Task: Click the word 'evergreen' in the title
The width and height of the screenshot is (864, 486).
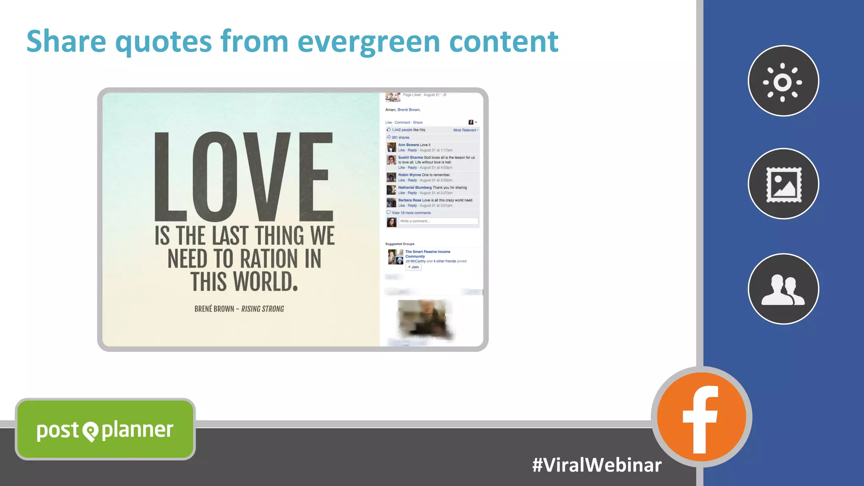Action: [x=368, y=42]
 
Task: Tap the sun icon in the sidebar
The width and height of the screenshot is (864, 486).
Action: [x=783, y=81]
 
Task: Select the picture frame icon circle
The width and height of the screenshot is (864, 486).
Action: [x=783, y=184]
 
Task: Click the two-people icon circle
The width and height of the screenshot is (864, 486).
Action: [x=783, y=289]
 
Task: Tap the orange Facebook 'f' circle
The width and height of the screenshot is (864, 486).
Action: [x=701, y=417]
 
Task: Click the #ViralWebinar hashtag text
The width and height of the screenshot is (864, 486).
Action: [x=597, y=465]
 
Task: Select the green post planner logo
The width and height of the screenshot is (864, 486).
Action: [x=105, y=430]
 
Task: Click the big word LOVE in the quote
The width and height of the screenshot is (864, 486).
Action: [x=243, y=177]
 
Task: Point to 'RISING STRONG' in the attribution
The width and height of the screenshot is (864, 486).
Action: [x=262, y=309]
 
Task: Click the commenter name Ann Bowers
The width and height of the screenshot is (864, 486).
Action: [x=408, y=145]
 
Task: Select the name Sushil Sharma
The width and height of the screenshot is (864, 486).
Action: [x=410, y=157]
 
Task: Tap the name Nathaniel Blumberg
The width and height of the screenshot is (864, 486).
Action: [x=415, y=188]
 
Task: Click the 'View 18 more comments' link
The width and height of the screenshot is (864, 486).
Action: [x=411, y=213]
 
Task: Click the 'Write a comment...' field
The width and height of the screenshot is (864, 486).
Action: [x=438, y=221]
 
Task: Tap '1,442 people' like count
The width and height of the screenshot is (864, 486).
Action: [x=402, y=130]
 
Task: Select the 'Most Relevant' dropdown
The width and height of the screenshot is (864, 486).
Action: [x=465, y=130]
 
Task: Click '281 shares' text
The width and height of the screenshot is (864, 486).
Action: [x=400, y=137]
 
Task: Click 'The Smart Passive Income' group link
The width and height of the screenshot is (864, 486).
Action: [x=427, y=252]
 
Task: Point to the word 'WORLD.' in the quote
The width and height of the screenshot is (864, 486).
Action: [x=266, y=282]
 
